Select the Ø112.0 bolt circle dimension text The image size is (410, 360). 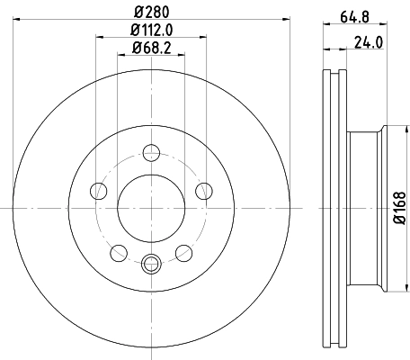(x=150, y=31)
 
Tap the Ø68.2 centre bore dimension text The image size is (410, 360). (x=150, y=48)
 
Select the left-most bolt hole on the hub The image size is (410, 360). (x=97, y=190)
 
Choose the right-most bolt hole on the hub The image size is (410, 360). (x=204, y=190)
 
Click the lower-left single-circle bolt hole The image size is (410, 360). (x=118, y=252)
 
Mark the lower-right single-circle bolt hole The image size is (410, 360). (x=183, y=252)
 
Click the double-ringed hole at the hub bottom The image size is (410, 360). (x=150, y=263)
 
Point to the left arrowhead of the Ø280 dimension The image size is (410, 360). (x=19, y=22)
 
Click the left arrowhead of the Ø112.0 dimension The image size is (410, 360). (x=97, y=40)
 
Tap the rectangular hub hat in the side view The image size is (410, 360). (x=364, y=206)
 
